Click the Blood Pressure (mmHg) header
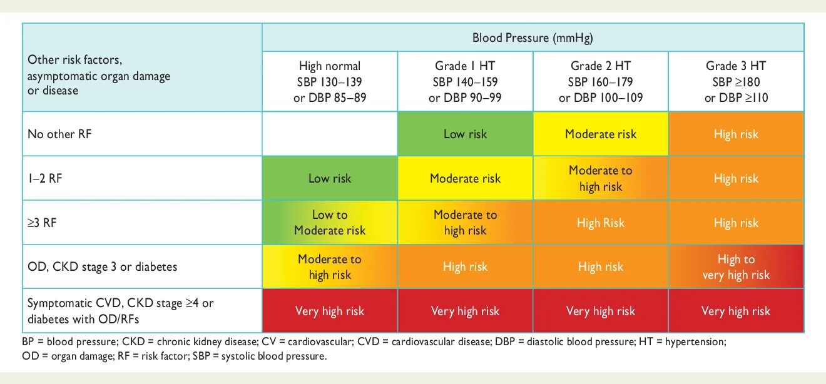click(x=533, y=38)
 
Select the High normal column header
click(x=330, y=82)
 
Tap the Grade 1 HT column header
click(x=465, y=82)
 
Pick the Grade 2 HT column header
click(x=601, y=82)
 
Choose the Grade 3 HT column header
click(x=736, y=82)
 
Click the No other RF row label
click(x=59, y=134)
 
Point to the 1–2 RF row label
click(x=45, y=178)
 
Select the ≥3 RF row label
click(x=42, y=223)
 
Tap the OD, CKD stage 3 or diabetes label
click(x=102, y=267)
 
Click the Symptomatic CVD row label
click(x=120, y=311)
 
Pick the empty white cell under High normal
click(x=330, y=134)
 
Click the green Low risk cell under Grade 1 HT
click(x=465, y=134)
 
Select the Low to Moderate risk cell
click(x=330, y=223)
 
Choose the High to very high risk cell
click(x=736, y=267)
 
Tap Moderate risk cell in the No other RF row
click(x=601, y=134)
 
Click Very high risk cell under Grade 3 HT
click(x=736, y=311)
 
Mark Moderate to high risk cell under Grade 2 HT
click(x=601, y=178)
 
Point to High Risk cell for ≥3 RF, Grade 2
click(x=601, y=223)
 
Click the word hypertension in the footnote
click(x=695, y=342)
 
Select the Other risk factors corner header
click(x=99, y=76)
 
